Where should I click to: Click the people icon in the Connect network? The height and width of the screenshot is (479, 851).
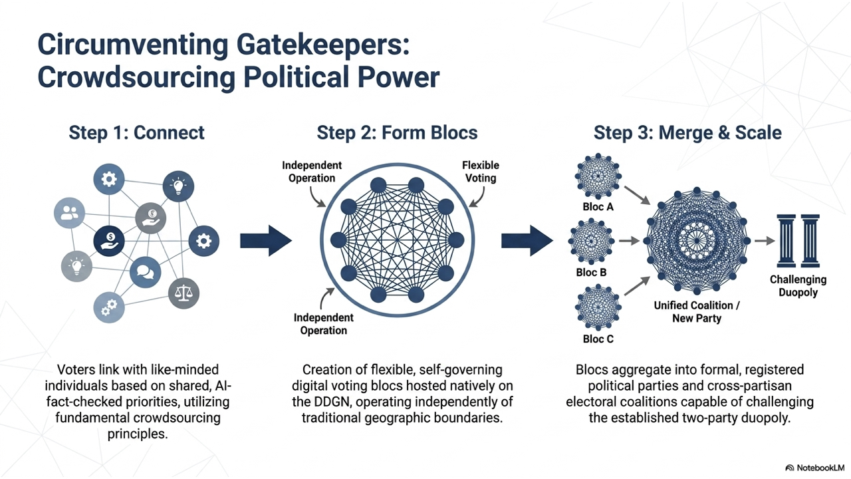tap(69, 213)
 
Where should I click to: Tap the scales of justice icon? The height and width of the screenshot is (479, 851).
tap(183, 293)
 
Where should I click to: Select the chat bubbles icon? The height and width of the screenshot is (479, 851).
tap(145, 272)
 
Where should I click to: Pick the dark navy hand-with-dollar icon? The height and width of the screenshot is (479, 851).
tap(109, 241)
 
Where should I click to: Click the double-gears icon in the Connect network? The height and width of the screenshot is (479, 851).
tap(109, 307)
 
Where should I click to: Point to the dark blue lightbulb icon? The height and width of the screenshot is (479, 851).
tap(178, 186)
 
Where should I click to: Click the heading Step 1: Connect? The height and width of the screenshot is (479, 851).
tap(136, 132)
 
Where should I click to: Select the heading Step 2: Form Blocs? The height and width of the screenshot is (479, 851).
tap(397, 132)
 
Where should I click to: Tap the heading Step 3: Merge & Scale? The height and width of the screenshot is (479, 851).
tap(687, 132)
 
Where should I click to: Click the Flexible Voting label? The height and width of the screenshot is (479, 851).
tap(481, 172)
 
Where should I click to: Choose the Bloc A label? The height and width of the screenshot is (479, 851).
tap(598, 207)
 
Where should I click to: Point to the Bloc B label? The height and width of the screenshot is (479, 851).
tap(591, 272)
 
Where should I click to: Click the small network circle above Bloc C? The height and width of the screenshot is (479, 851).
tap(598, 307)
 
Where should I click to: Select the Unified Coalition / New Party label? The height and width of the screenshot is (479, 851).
tap(697, 312)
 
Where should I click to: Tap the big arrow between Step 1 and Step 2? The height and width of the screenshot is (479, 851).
tap(266, 241)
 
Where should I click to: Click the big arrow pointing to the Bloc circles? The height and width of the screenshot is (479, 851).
tap(527, 241)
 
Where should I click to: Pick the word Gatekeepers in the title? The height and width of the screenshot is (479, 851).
tap(323, 45)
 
